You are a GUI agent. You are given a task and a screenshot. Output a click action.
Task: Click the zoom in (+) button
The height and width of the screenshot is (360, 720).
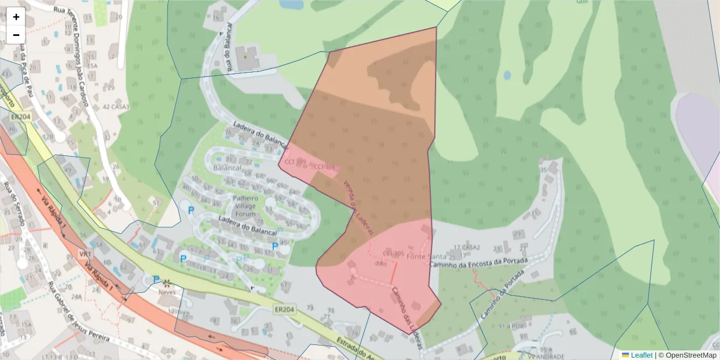coord(16,17)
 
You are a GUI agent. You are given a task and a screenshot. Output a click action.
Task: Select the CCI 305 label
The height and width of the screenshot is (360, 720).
coord(393,253)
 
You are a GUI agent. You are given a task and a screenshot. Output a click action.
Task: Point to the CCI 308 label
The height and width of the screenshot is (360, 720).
coord(324,167)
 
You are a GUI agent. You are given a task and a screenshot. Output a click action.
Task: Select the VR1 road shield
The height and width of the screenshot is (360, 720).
coord(84,254)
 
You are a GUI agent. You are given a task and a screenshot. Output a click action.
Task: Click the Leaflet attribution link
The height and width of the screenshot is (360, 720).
coord(641,355)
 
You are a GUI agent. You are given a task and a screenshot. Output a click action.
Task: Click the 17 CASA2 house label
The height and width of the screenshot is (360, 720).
coord(467,247)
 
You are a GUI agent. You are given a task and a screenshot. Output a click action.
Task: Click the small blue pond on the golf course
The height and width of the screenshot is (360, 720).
coord(507,76)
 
